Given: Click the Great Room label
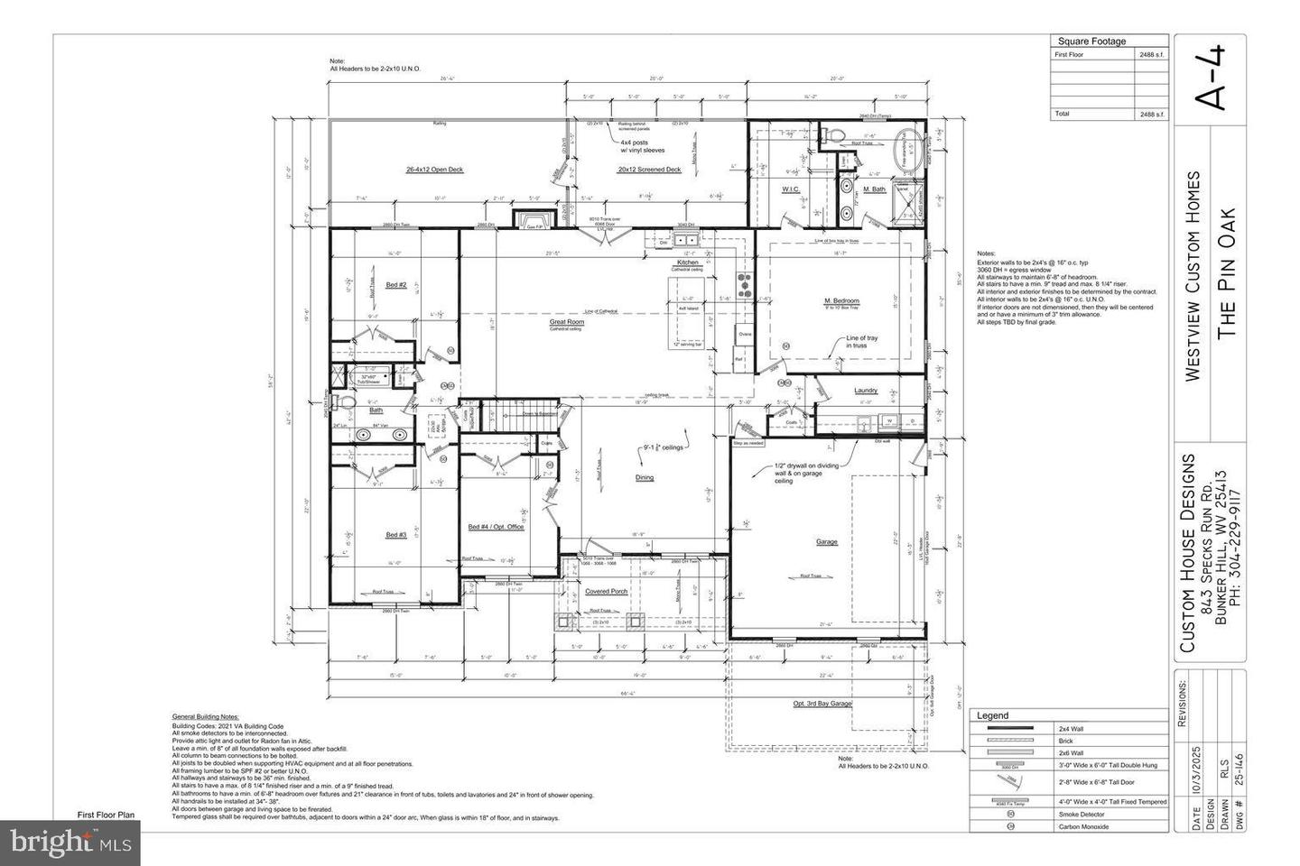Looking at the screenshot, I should pyautogui.click(x=567, y=321).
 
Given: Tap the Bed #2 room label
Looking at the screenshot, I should pyautogui.click(x=395, y=285).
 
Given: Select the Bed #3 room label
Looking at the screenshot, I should pyautogui.click(x=395, y=535).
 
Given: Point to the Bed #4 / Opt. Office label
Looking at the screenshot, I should pyautogui.click(x=496, y=527).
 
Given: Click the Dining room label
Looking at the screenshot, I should pyautogui.click(x=644, y=477).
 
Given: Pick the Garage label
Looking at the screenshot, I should pyautogui.click(x=826, y=542).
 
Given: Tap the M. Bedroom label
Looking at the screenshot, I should pyautogui.click(x=841, y=300).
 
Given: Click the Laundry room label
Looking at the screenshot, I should pyautogui.click(x=866, y=391).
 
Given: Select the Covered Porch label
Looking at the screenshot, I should pyautogui.click(x=606, y=592).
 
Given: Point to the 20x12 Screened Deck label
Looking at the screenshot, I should pyautogui.click(x=649, y=170).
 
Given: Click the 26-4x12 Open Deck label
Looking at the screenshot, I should pyautogui.click(x=434, y=170).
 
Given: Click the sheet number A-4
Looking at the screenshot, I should pyautogui.click(x=1210, y=78).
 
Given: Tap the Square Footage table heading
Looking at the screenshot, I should pyautogui.click(x=1091, y=41).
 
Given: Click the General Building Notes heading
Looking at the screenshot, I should pyautogui.click(x=205, y=715).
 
